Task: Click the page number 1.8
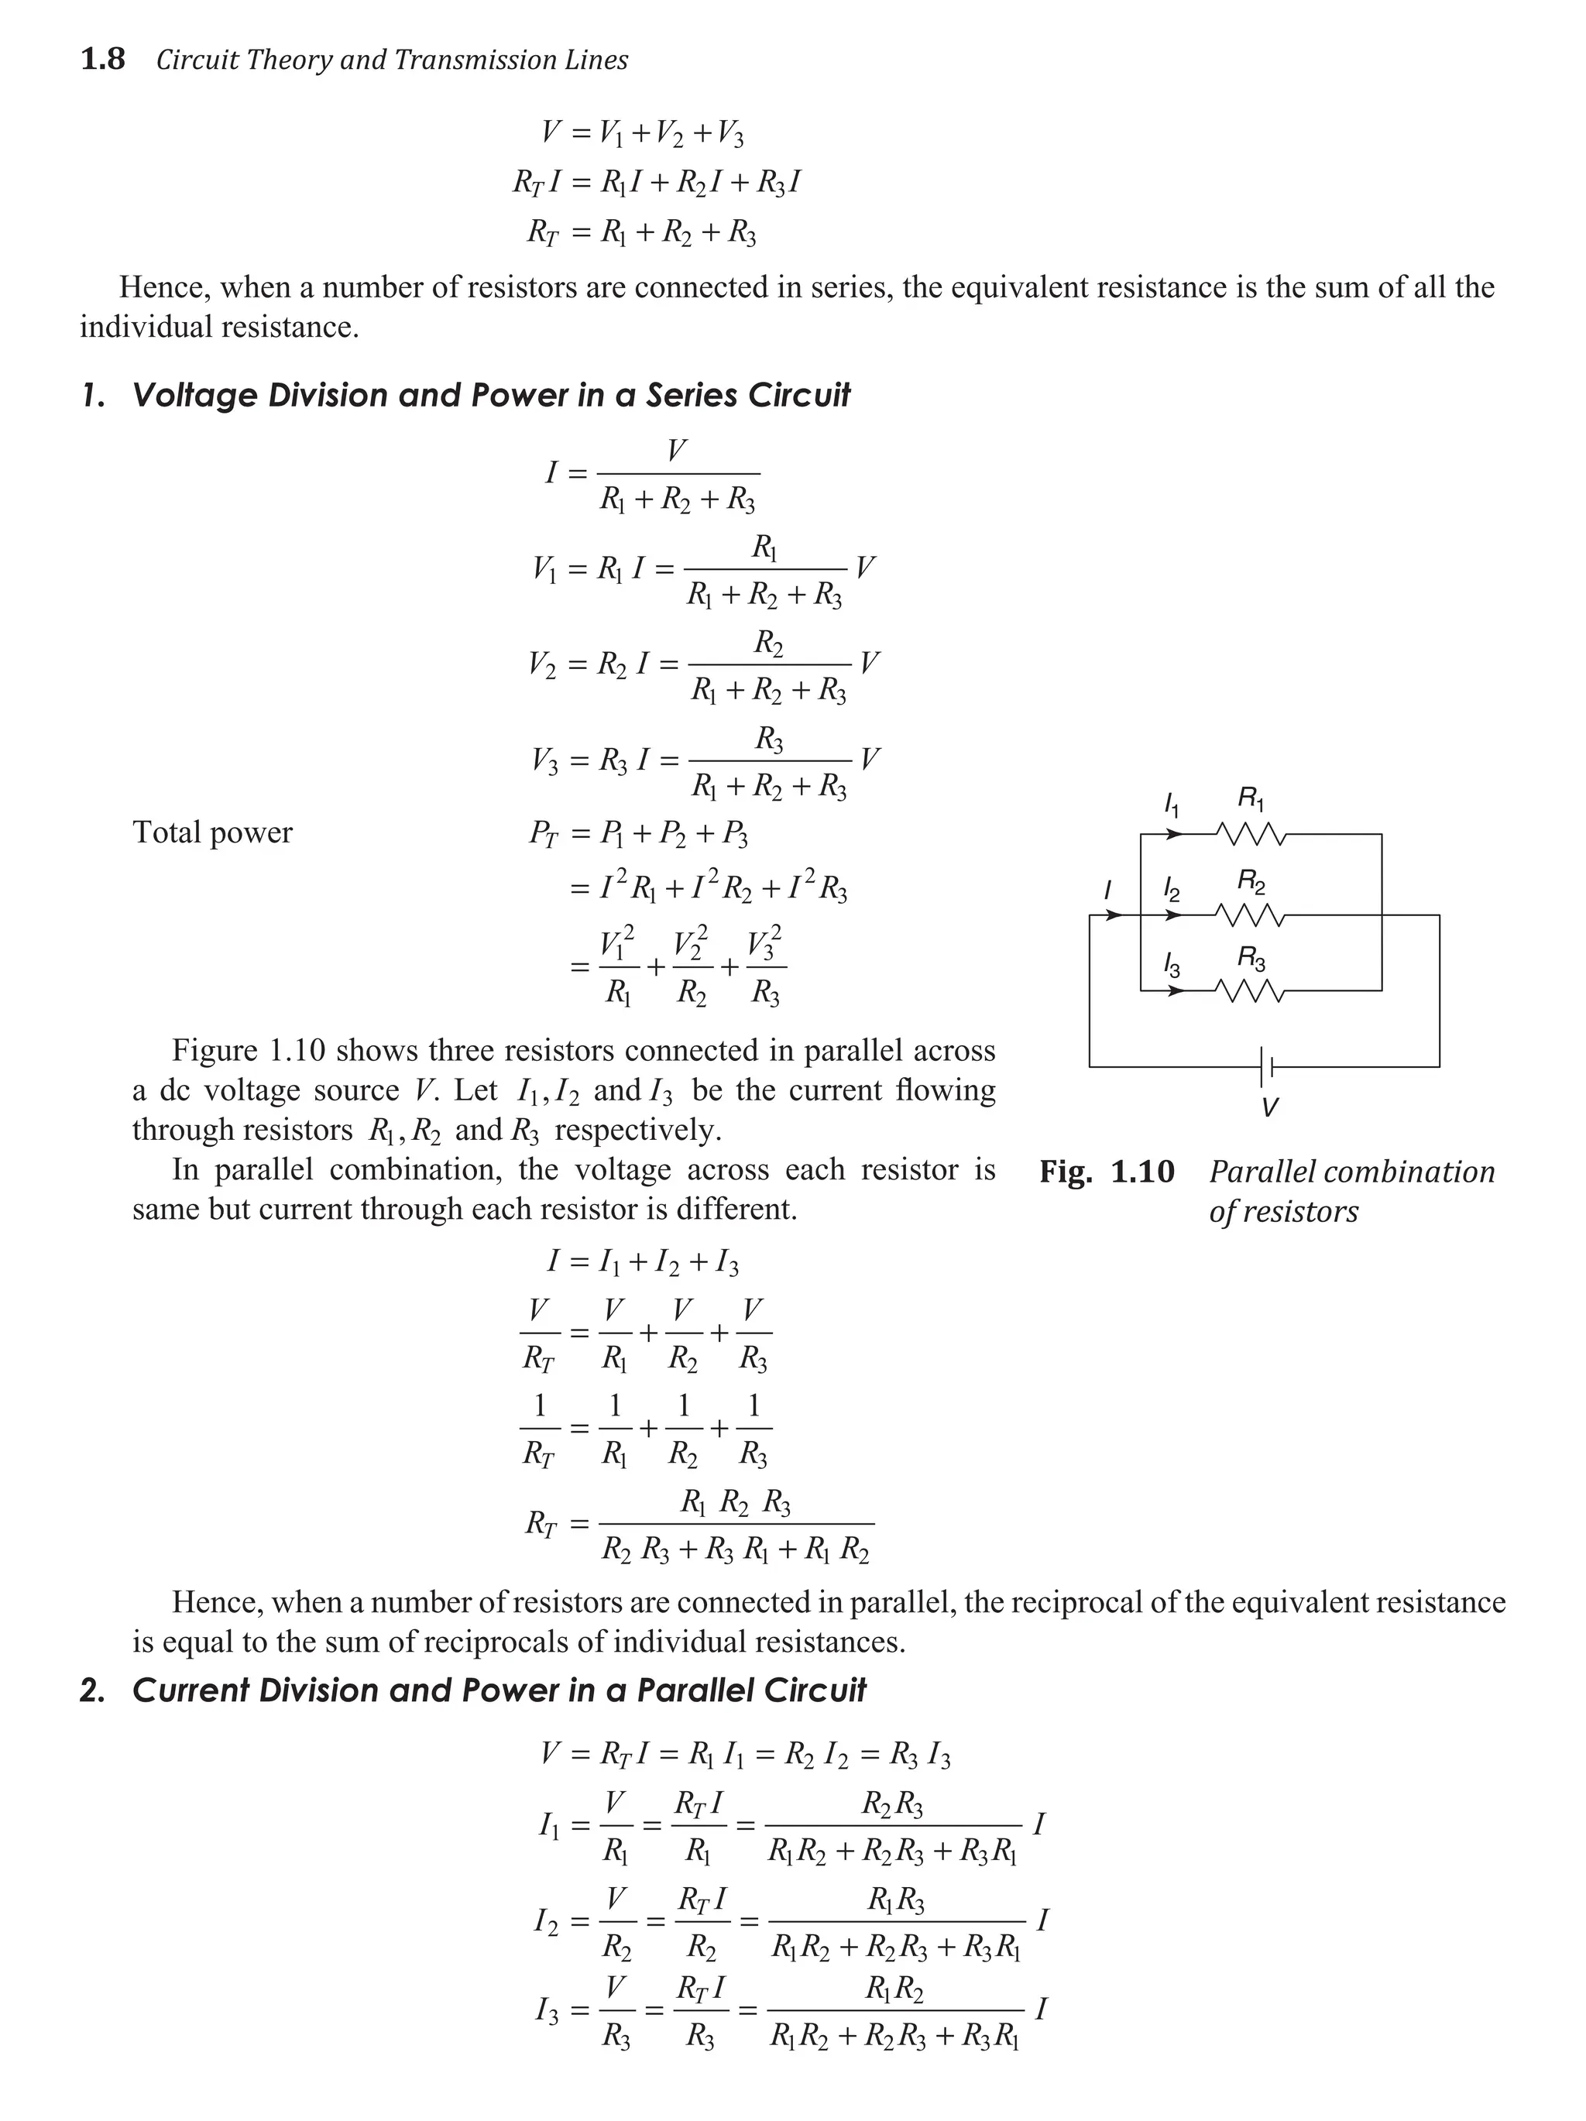tap(102, 60)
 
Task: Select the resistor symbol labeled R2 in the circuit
tap(1251, 916)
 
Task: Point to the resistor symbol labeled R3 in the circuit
tap(1251, 990)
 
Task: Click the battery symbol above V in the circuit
tap(1268, 1066)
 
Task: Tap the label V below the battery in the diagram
tap(1268, 1108)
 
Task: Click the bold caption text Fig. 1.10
tap(1107, 1172)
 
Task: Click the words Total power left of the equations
tap(212, 832)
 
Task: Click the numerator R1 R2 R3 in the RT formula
tap(736, 1502)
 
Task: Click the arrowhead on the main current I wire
tap(1114, 916)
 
